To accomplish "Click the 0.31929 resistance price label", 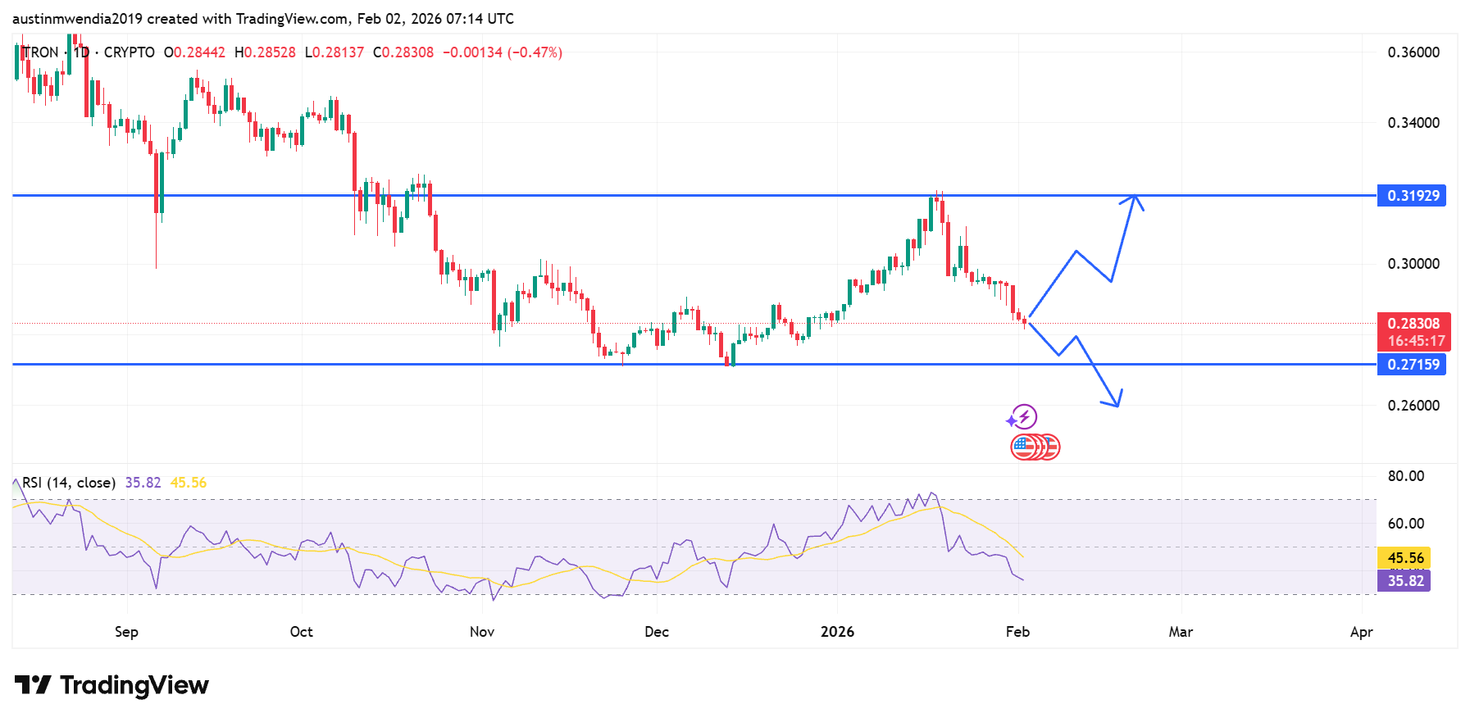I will [x=1412, y=196].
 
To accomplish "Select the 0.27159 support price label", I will [x=1412, y=365].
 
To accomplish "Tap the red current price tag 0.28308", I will [x=1413, y=324].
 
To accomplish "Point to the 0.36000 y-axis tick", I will [x=1413, y=52].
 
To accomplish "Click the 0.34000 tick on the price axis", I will [x=1413, y=123].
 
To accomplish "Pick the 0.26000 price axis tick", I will [x=1413, y=406].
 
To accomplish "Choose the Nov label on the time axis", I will [x=482, y=632].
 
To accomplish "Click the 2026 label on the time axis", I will [x=837, y=632].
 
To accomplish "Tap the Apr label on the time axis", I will [x=1361, y=632].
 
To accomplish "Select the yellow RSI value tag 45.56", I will [x=1404, y=558].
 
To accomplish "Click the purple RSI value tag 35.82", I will [x=1404, y=581].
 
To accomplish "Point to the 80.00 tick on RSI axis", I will [x=1405, y=476].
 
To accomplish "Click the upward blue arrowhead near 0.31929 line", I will [x=1135, y=198].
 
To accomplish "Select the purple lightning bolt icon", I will [x=1023, y=417].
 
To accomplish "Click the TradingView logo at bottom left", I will [x=112, y=685].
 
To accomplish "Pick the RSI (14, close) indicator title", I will [x=69, y=483].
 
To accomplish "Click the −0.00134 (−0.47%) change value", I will [x=503, y=52].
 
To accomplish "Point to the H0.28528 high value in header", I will [x=265, y=52].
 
